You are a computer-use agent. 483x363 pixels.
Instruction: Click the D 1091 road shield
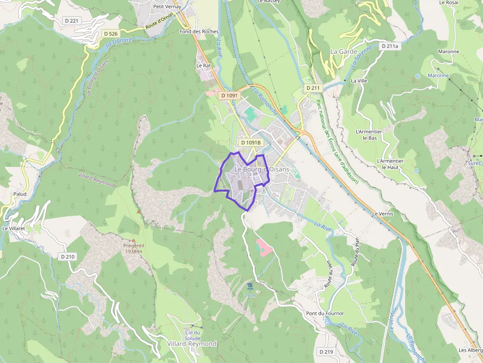tap(230, 96)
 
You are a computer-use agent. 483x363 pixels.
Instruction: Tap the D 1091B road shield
tap(250, 142)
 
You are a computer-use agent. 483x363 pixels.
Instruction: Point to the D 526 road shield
tap(111, 33)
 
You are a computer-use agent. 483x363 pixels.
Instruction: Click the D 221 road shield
tap(71, 21)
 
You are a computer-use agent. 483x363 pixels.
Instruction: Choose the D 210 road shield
tap(68, 257)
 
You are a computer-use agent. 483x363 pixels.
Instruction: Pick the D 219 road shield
tap(326, 352)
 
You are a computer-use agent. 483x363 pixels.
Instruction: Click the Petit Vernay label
tap(167, 7)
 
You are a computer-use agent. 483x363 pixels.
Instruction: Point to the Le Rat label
tap(203, 65)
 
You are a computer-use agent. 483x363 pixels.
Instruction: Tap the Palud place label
tap(20, 194)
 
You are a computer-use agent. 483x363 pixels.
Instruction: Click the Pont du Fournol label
tap(324, 313)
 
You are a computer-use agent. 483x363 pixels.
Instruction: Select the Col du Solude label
tap(193, 335)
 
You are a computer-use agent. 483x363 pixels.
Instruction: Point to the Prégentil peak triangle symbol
tap(139, 212)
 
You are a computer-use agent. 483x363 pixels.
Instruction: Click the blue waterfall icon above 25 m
tap(250, 286)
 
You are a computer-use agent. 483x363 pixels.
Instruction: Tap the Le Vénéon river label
tap(393, 320)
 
